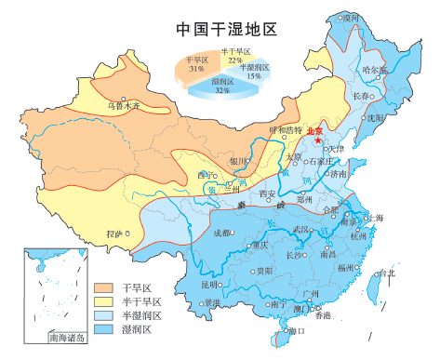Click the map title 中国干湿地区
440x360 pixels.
pyautogui.click(x=226, y=29)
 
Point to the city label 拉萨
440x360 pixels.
pyautogui.click(x=113, y=233)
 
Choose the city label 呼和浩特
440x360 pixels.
pyautogui.click(x=285, y=130)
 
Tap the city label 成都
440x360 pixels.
pyautogui.click(x=222, y=233)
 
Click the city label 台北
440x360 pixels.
pyautogui.click(x=385, y=273)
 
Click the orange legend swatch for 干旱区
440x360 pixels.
pyautogui.click(x=104, y=288)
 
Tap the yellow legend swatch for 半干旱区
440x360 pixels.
pyautogui.click(x=104, y=302)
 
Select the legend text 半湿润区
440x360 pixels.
pyautogui.click(x=142, y=316)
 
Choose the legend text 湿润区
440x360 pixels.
pyautogui.click(x=138, y=330)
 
